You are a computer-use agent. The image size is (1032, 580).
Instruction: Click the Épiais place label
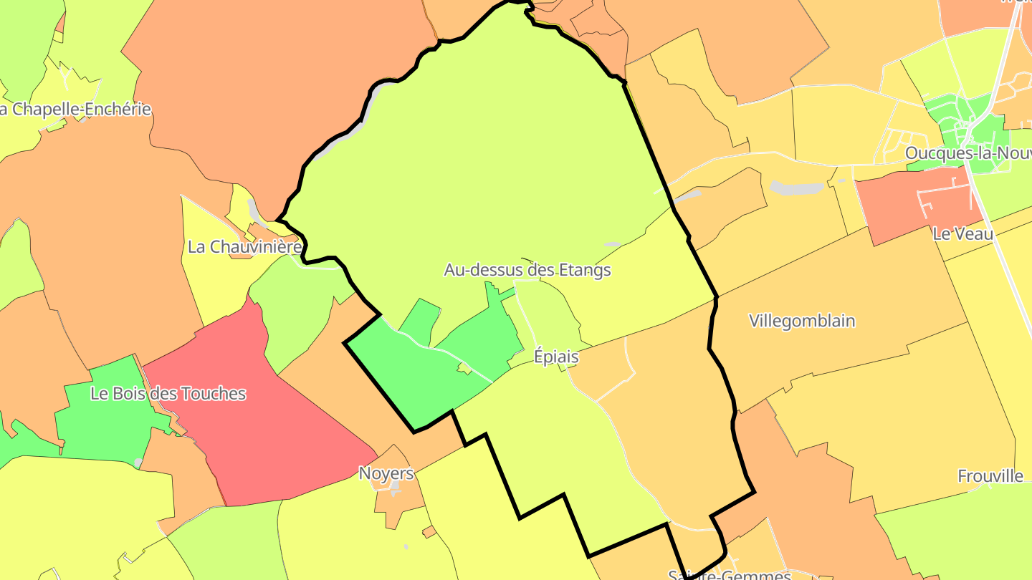click(x=556, y=357)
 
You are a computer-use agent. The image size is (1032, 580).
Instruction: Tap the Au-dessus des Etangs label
click(x=527, y=270)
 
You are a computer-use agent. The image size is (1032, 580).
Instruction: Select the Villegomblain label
click(x=802, y=321)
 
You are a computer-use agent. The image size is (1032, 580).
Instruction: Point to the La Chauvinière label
click(x=244, y=247)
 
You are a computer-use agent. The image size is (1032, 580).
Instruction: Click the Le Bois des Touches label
click(x=168, y=394)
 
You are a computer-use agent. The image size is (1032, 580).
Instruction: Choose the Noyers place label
click(x=386, y=473)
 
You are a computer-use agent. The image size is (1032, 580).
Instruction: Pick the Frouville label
click(x=990, y=476)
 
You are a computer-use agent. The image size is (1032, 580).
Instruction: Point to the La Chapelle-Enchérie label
click(x=75, y=110)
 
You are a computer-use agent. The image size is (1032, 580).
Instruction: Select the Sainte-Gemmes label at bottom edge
click(x=729, y=574)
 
